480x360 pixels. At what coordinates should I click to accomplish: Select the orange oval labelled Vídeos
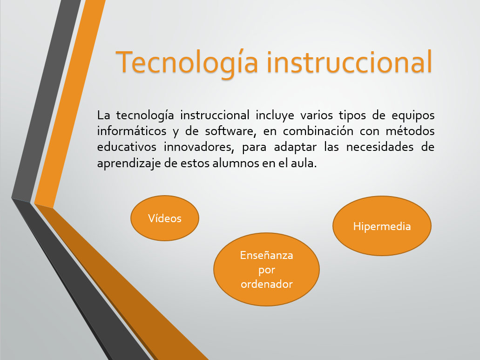click(x=165, y=218)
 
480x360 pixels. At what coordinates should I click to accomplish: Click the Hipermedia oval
click(x=382, y=226)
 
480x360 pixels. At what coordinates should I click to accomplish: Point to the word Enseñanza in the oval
click(x=266, y=255)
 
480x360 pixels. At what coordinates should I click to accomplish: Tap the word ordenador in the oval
click(x=267, y=284)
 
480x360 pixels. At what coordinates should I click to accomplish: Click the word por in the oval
click(x=267, y=270)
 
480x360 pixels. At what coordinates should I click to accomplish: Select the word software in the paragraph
click(x=229, y=131)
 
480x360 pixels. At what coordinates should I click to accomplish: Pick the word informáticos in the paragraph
click(x=132, y=131)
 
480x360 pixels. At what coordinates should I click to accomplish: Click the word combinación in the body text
click(x=318, y=131)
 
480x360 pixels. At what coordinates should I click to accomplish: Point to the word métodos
click(x=410, y=131)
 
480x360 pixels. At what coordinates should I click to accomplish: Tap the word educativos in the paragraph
click(x=127, y=147)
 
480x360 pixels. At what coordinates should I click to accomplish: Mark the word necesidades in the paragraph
click(x=380, y=147)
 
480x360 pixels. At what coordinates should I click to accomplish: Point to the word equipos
click(x=413, y=115)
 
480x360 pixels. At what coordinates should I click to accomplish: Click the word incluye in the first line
click(x=275, y=115)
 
